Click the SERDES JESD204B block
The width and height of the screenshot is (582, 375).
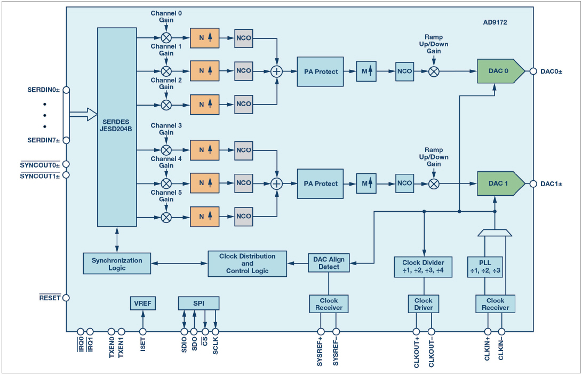point(117,127)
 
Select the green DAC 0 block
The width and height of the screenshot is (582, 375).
point(499,71)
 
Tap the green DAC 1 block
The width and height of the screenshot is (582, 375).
point(499,183)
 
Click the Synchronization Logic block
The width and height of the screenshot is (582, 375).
point(117,264)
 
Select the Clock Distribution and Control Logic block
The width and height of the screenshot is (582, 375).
point(247,264)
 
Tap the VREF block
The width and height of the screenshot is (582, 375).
point(142,302)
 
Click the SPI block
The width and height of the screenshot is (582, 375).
point(198,302)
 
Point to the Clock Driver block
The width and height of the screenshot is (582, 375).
point(423,304)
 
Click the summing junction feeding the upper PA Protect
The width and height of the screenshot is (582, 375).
point(277,71)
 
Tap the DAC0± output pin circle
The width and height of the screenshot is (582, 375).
point(532,71)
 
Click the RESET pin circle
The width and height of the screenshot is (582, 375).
point(66,298)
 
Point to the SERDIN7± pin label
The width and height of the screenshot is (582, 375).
point(44,140)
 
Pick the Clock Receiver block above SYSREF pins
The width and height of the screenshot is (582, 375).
point(329,304)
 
